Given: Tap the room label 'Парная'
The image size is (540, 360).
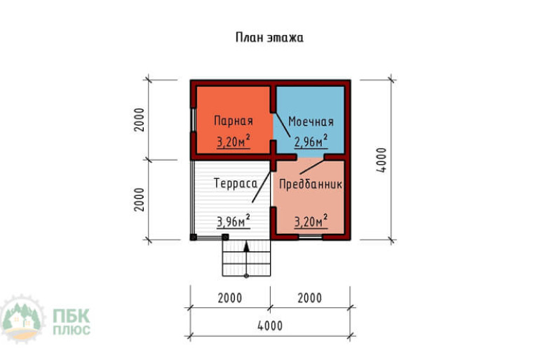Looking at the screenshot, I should (x=234, y=121).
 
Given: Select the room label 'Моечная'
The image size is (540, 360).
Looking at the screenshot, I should (x=311, y=121).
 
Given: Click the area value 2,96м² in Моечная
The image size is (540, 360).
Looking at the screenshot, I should (x=311, y=141).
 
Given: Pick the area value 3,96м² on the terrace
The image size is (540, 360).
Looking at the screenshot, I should (x=234, y=222).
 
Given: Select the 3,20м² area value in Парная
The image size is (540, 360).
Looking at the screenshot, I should (x=234, y=141).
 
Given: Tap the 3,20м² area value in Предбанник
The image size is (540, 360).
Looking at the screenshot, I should (x=311, y=222).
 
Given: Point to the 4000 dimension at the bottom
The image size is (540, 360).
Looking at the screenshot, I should (x=269, y=326).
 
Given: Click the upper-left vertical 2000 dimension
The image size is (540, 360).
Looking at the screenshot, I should (x=140, y=121).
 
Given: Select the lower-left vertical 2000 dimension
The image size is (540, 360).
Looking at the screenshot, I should (x=140, y=200).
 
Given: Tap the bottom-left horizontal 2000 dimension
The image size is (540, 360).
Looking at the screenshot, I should (x=229, y=298).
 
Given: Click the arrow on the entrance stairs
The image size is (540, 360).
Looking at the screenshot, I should (x=246, y=246).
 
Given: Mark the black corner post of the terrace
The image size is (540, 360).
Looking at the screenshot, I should (x=194, y=237).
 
